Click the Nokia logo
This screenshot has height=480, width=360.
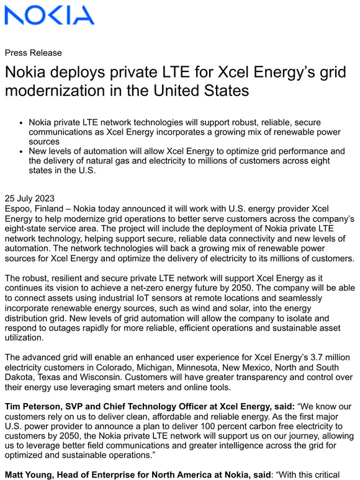coord(50,15)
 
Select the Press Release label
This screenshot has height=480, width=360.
coord(33,53)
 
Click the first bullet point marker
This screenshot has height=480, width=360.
coord(22,123)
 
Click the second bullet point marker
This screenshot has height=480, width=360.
coord(22,151)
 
